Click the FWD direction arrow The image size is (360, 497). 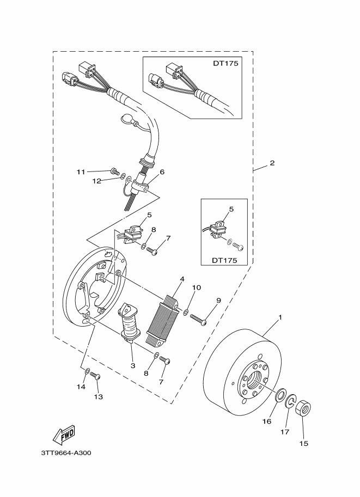pyautogui.click(x=64, y=434)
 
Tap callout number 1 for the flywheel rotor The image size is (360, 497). pyautogui.click(x=280, y=317)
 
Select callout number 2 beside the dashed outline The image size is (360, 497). pyautogui.click(x=272, y=163)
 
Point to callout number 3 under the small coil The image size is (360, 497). pyautogui.click(x=132, y=366)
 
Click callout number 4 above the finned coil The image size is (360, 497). pyautogui.click(x=182, y=279)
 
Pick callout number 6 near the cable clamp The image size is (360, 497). pyautogui.click(x=162, y=172)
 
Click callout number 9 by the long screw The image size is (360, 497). pyautogui.click(x=218, y=300)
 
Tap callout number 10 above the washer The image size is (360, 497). pyautogui.click(x=196, y=287)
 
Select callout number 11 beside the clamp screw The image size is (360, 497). pyautogui.click(x=81, y=172)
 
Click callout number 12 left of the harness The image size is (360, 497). pyautogui.click(x=96, y=181)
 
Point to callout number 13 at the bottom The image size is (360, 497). pyautogui.click(x=98, y=397)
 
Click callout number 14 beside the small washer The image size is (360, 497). pyautogui.click(x=81, y=386)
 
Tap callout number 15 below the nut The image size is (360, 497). pyautogui.click(x=304, y=443)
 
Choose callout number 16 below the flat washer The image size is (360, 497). pyautogui.click(x=267, y=421)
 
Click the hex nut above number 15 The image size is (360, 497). pyautogui.click(x=303, y=408)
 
